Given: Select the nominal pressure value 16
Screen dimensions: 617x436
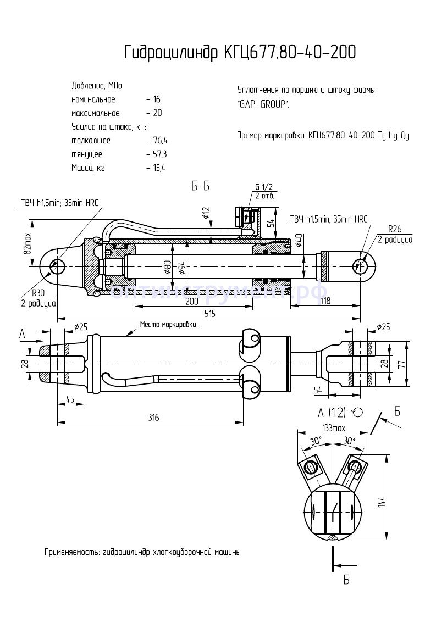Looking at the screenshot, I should (157, 100).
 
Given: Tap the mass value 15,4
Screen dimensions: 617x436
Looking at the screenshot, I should (159, 168).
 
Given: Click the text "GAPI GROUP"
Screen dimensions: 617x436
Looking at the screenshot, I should (263, 104).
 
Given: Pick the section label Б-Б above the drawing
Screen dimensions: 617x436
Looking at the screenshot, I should (201, 186).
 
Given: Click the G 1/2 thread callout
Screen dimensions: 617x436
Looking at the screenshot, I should (264, 187).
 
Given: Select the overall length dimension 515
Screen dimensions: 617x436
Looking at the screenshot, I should (209, 313).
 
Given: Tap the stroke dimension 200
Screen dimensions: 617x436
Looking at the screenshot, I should (191, 302).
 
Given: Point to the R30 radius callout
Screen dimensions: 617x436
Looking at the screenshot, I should (38, 293).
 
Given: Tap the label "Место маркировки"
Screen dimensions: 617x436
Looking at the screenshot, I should (168, 325).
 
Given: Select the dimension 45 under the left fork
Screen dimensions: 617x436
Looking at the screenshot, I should (70, 399).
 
